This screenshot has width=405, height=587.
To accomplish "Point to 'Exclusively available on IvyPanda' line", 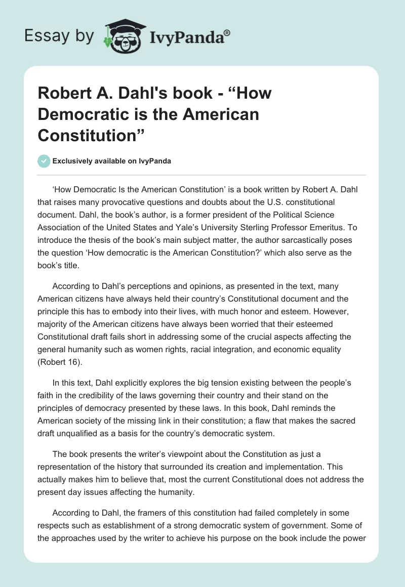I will [x=111, y=161].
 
